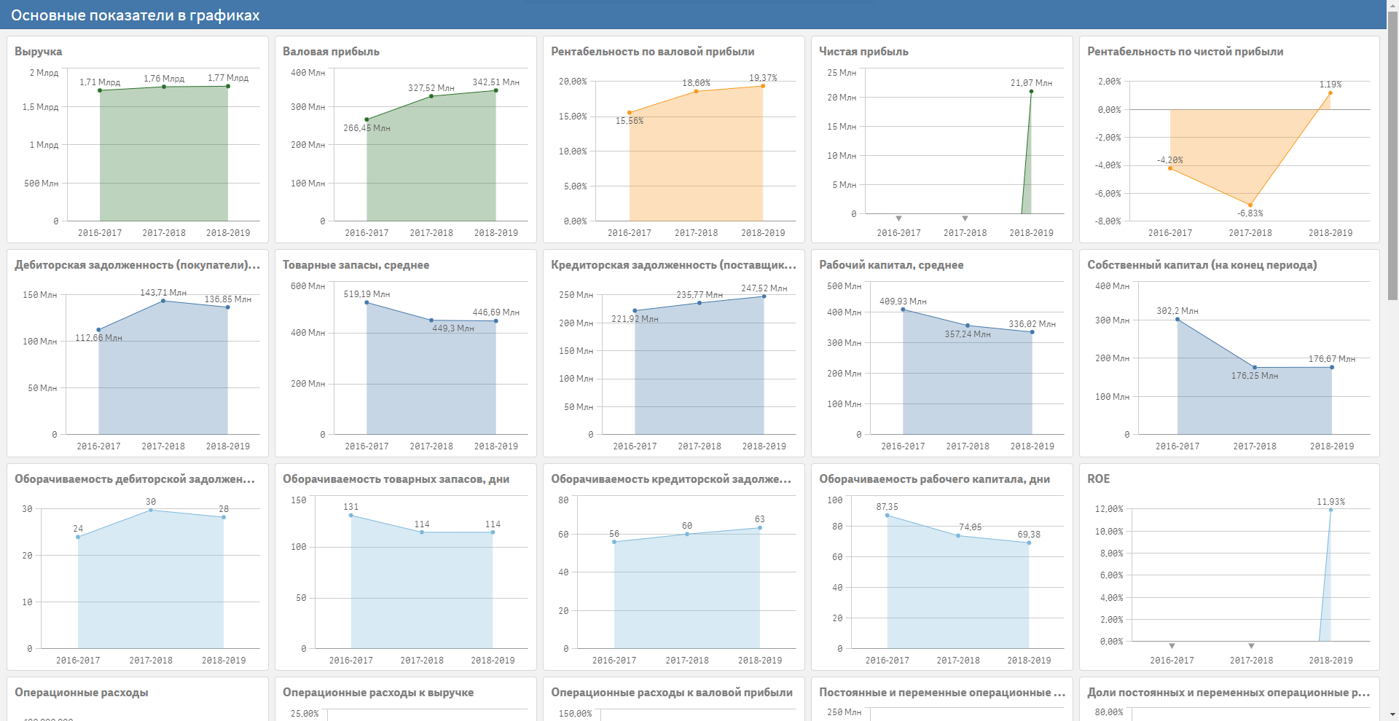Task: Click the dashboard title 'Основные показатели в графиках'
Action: click(135, 15)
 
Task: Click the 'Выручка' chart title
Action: click(39, 52)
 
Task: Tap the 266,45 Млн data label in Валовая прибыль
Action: click(367, 128)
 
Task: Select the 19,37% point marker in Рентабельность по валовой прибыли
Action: click(763, 86)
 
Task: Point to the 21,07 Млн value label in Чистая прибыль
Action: click(1031, 83)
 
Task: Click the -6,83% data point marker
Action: click(1250, 205)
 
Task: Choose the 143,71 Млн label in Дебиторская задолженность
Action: click(163, 293)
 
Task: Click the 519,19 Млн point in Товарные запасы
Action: click(367, 302)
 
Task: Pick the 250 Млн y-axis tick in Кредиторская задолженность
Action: click(576, 295)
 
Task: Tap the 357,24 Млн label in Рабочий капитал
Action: click(968, 334)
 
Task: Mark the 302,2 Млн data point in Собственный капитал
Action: click(1177, 320)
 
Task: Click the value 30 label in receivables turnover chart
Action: click(151, 502)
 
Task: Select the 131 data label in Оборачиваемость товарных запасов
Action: click(351, 507)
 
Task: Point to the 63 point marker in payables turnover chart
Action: click(760, 528)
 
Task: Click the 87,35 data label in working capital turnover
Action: click(887, 507)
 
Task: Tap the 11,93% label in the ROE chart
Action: click(1331, 502)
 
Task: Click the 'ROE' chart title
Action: click(1099, 479)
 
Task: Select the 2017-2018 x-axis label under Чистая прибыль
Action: click(965, 233)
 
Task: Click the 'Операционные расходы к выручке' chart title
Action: click(378, 693)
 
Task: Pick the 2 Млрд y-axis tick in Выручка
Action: click(44, 73)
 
